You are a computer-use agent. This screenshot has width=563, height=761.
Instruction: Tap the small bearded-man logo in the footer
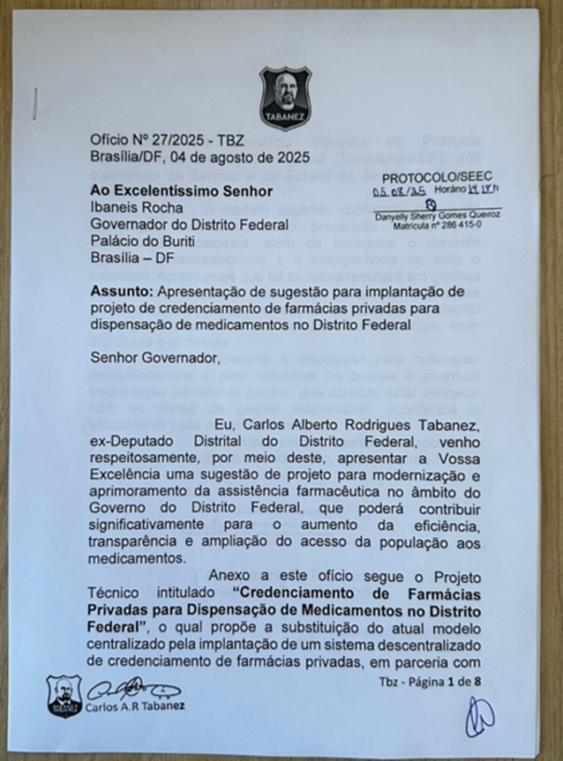(64, 695)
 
